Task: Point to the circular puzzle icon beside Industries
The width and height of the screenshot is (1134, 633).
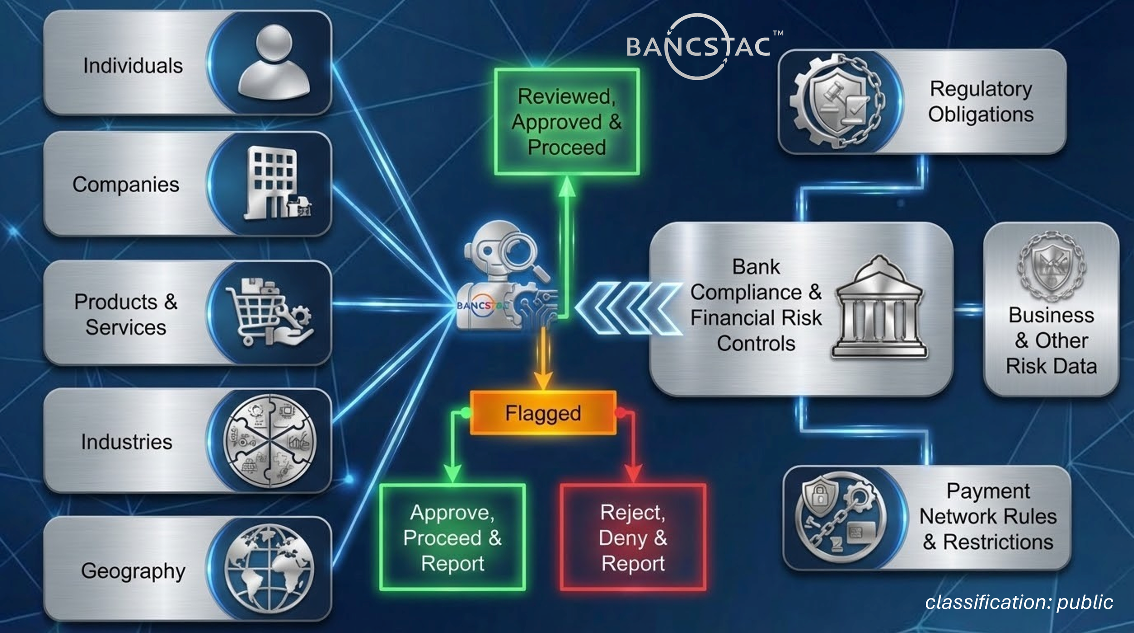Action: (x=270, y=440)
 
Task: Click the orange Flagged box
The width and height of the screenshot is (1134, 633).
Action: (x=543, y=413)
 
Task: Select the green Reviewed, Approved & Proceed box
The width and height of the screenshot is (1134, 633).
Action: (x=567, y=122)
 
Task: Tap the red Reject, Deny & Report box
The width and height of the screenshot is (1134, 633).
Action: (x=633, y=538)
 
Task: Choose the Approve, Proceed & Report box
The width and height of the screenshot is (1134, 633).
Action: (x=452, y=538)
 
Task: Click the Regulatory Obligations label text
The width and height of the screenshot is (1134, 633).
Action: (x=981, y=101)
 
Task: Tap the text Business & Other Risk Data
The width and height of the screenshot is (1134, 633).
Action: (x=1051, y=340)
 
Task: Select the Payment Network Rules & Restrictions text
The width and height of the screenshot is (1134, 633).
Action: (x=988, y=516)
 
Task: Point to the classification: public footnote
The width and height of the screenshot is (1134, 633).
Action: (x=1019, y=602)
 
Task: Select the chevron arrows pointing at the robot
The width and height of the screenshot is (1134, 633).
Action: (x=628, y=309)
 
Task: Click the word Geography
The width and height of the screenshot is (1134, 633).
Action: (x=133, y=571)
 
